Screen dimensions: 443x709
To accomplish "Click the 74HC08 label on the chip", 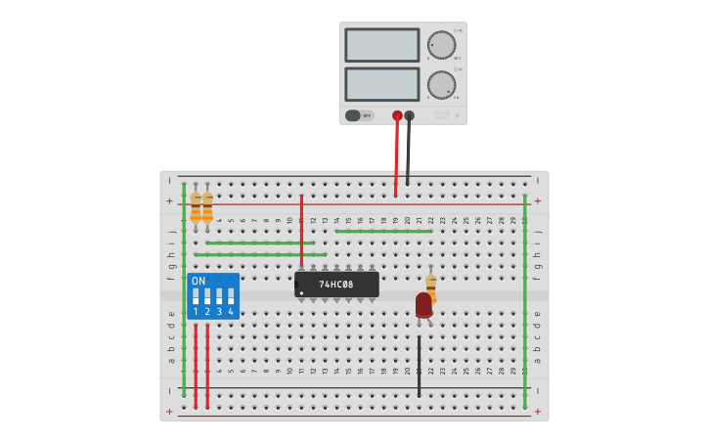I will (x=335, y=285).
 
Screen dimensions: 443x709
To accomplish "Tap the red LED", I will (x=423, y=305).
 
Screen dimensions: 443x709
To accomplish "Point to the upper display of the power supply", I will (x=381, y=45).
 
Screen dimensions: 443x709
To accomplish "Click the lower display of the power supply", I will (x=381, y=84).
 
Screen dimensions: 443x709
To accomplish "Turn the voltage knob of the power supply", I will (x=441, y=45).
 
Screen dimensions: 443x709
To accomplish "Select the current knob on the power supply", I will (x=441, y=84).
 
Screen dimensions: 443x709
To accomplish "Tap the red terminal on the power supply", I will (x=397, y=115).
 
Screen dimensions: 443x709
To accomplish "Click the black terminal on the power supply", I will (x=409, y=115).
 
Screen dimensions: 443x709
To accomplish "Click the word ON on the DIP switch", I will (x=199, y=281).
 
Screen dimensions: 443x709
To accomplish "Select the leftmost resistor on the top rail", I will (x=196, y=207).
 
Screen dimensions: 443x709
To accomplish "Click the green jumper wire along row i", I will (x=260, y=243).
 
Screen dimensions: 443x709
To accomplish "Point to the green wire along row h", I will (x=260, y=254).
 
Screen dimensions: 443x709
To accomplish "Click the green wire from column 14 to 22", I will (x=383, y=231).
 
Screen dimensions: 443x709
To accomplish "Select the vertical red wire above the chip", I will (x=301, y=231).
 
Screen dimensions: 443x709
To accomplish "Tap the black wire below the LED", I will (x=419, y=367).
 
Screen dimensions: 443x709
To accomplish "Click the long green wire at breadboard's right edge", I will (x=525, y=293).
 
